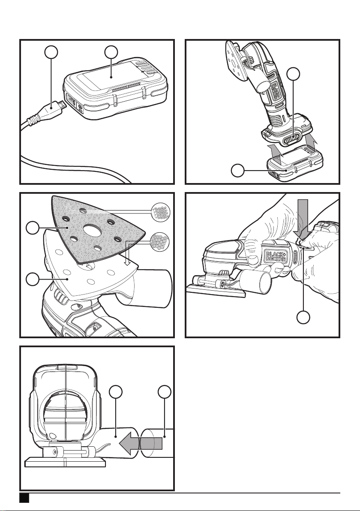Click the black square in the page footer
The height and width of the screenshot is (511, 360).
(x=24, y=498)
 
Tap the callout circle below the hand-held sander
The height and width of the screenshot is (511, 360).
(x=305, y=318)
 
